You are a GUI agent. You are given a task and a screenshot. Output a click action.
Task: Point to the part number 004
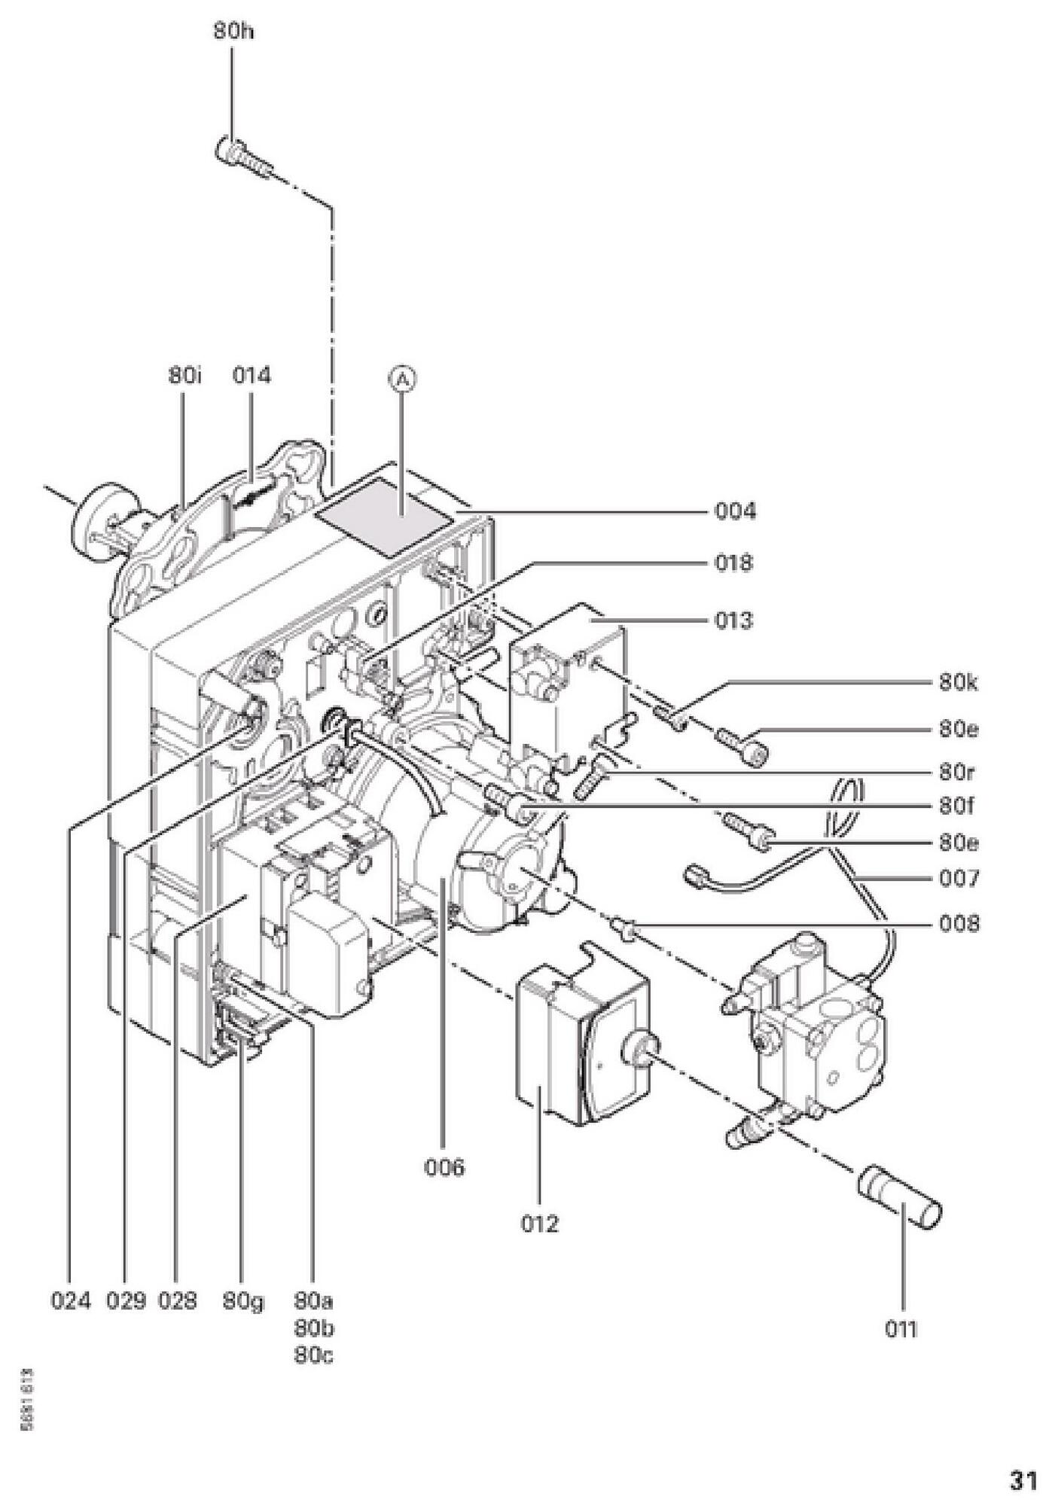tap(734, 512)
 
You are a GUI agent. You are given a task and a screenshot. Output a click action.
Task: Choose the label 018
tap(734, 563)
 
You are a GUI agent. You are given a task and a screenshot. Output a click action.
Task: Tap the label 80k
tap(959, 684)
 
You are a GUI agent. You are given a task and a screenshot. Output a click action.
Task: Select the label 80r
tap(957, 773)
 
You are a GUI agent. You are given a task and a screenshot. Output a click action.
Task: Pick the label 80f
tap(957, 807)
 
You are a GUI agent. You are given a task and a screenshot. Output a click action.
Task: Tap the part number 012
tap(540, 1224)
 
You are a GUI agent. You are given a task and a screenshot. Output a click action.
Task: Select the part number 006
tap(444, 1168)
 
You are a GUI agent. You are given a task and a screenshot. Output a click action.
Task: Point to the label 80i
tap(184, 376)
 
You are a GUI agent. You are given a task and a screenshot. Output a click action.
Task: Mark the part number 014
tap(251, 376)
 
